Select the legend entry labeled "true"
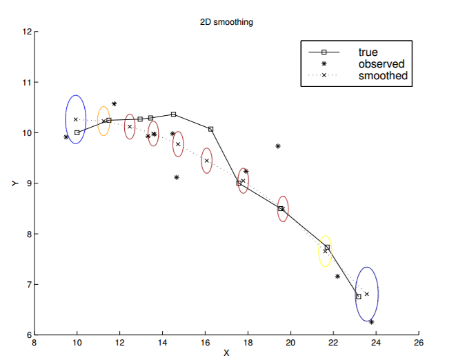point(368,52)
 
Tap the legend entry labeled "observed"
point(381,63)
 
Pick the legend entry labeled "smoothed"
point(383,75)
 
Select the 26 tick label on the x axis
point(418,343)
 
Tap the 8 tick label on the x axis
point(34,343)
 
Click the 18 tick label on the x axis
point(247,343)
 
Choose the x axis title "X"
point(226,353)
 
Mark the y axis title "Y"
point(12,183)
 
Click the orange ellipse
point(103,121)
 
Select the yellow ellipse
point(325,251)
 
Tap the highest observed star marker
point(114,104)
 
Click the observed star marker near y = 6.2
point(371,322)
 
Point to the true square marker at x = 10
point(77,132)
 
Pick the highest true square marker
point(173,114)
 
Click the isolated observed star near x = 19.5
point(277,146)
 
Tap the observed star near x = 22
point(337,277)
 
